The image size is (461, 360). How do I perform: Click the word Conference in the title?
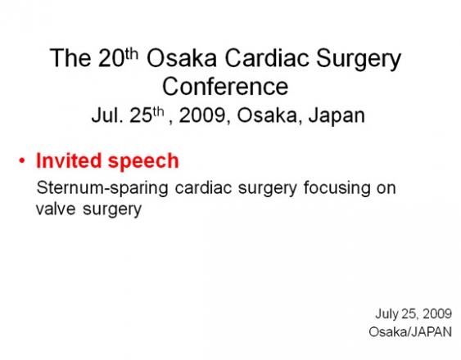click(225, 86)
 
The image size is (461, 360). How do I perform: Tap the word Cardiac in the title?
click(267, 58)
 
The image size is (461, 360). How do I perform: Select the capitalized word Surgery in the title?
click(359, 60)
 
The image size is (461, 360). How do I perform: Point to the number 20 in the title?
click(111, 58)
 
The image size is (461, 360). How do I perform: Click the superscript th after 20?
click(131, 54)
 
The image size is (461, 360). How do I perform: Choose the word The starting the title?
click(70, 58)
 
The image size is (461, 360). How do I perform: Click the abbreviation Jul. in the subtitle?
click(107, 115)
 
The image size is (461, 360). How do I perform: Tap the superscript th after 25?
click(158, 112)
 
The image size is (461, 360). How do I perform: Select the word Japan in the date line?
click(337, 117)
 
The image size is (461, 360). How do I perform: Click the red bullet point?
click(22, 160)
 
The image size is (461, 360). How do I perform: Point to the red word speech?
click(143, 162)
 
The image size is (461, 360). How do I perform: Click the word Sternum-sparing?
click(102, 189)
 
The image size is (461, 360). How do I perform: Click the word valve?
click(56, 209)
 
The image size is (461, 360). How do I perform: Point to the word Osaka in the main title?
click(182, 58)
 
